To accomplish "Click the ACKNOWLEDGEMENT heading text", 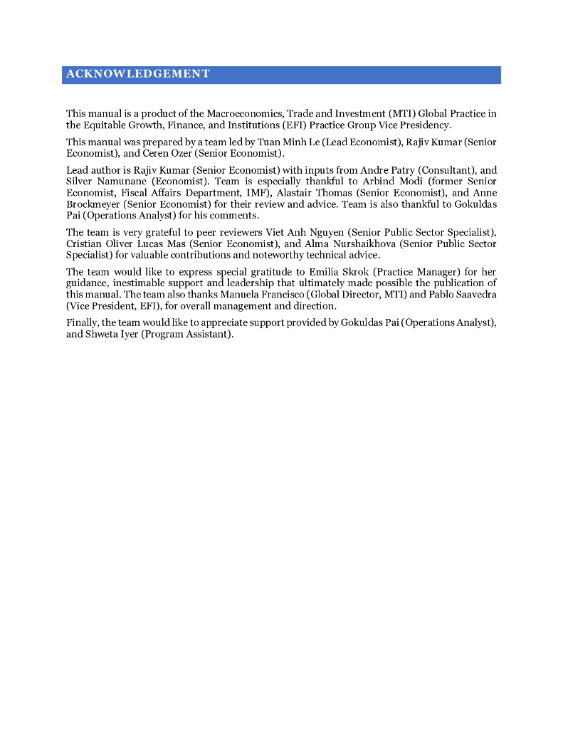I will click(137, 74).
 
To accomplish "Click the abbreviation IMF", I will click(260, 193).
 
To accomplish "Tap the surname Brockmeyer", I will click(93, 204).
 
